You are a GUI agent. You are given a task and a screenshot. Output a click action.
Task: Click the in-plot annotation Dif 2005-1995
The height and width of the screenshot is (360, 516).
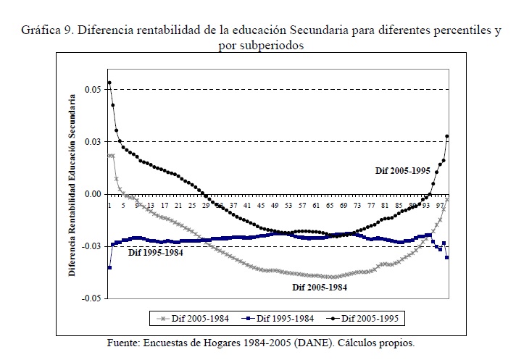[x=402, y=170]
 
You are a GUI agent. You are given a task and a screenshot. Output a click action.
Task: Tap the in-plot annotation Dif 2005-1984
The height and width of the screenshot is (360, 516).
[x=320, y=287]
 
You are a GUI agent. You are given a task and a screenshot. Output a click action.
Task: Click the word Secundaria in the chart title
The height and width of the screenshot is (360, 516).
[x=320, y=33]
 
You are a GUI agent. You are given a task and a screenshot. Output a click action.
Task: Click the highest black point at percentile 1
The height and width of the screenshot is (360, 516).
[x=109, y=83]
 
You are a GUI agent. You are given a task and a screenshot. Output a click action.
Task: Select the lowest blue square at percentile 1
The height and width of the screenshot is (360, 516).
[x=109, y=268]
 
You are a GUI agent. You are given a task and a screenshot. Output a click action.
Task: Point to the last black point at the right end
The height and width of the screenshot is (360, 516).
[x=447, y=136]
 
